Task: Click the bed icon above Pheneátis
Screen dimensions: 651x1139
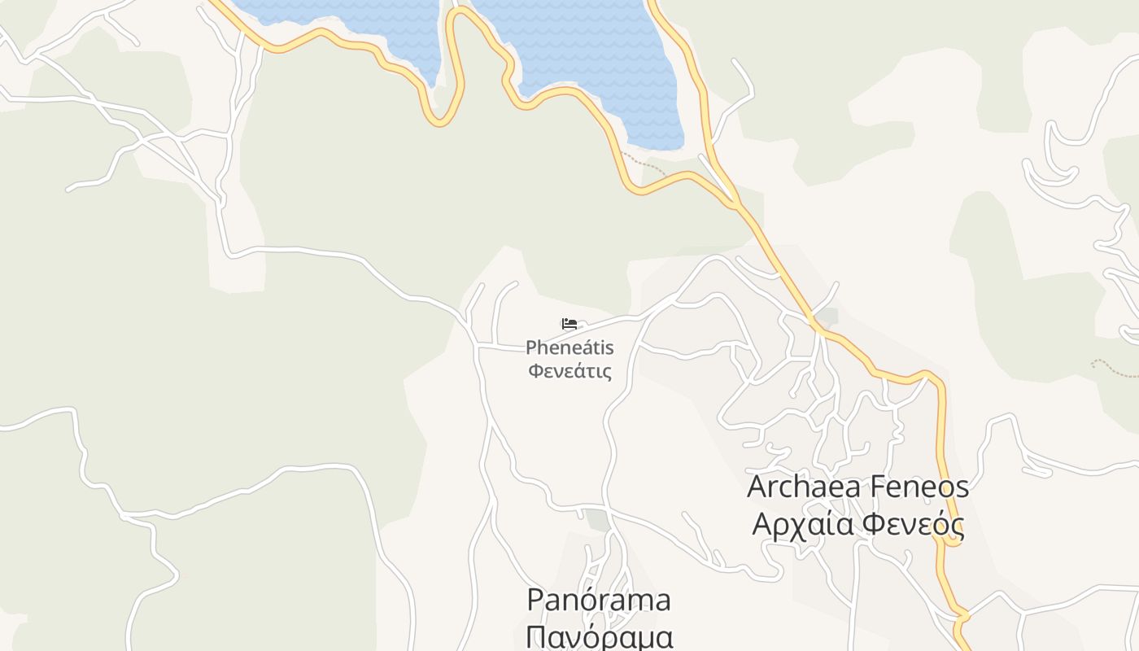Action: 569,324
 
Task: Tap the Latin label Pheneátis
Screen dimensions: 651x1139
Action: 569,348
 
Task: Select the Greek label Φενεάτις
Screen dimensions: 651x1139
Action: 569,372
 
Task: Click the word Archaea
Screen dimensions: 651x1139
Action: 801,487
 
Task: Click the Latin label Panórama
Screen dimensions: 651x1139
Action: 599,600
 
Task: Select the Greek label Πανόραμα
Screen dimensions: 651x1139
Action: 600,636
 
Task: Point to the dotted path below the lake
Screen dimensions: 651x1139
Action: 643,162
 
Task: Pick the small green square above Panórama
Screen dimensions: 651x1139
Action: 599,520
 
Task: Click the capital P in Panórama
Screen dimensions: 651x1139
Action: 535,600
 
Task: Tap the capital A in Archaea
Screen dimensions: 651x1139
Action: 758,487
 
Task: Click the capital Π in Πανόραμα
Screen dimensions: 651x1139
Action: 536,636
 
